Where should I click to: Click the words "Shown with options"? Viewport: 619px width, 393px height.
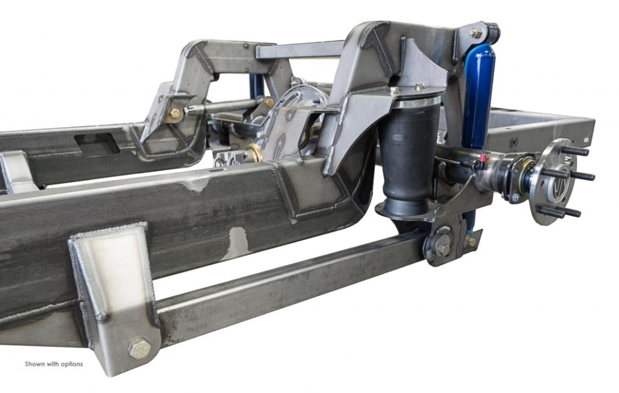click(x=54, y=364)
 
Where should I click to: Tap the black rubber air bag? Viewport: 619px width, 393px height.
click(x=408, y=158)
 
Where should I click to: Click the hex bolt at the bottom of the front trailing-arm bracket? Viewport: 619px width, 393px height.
click(x=139, y=348)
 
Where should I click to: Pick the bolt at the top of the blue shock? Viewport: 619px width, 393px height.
click(x=476, y=32)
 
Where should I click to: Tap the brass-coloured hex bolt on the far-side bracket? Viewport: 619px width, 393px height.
click(x=175, y=114)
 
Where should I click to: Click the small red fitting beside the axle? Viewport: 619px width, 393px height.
click(x=482, y=158)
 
